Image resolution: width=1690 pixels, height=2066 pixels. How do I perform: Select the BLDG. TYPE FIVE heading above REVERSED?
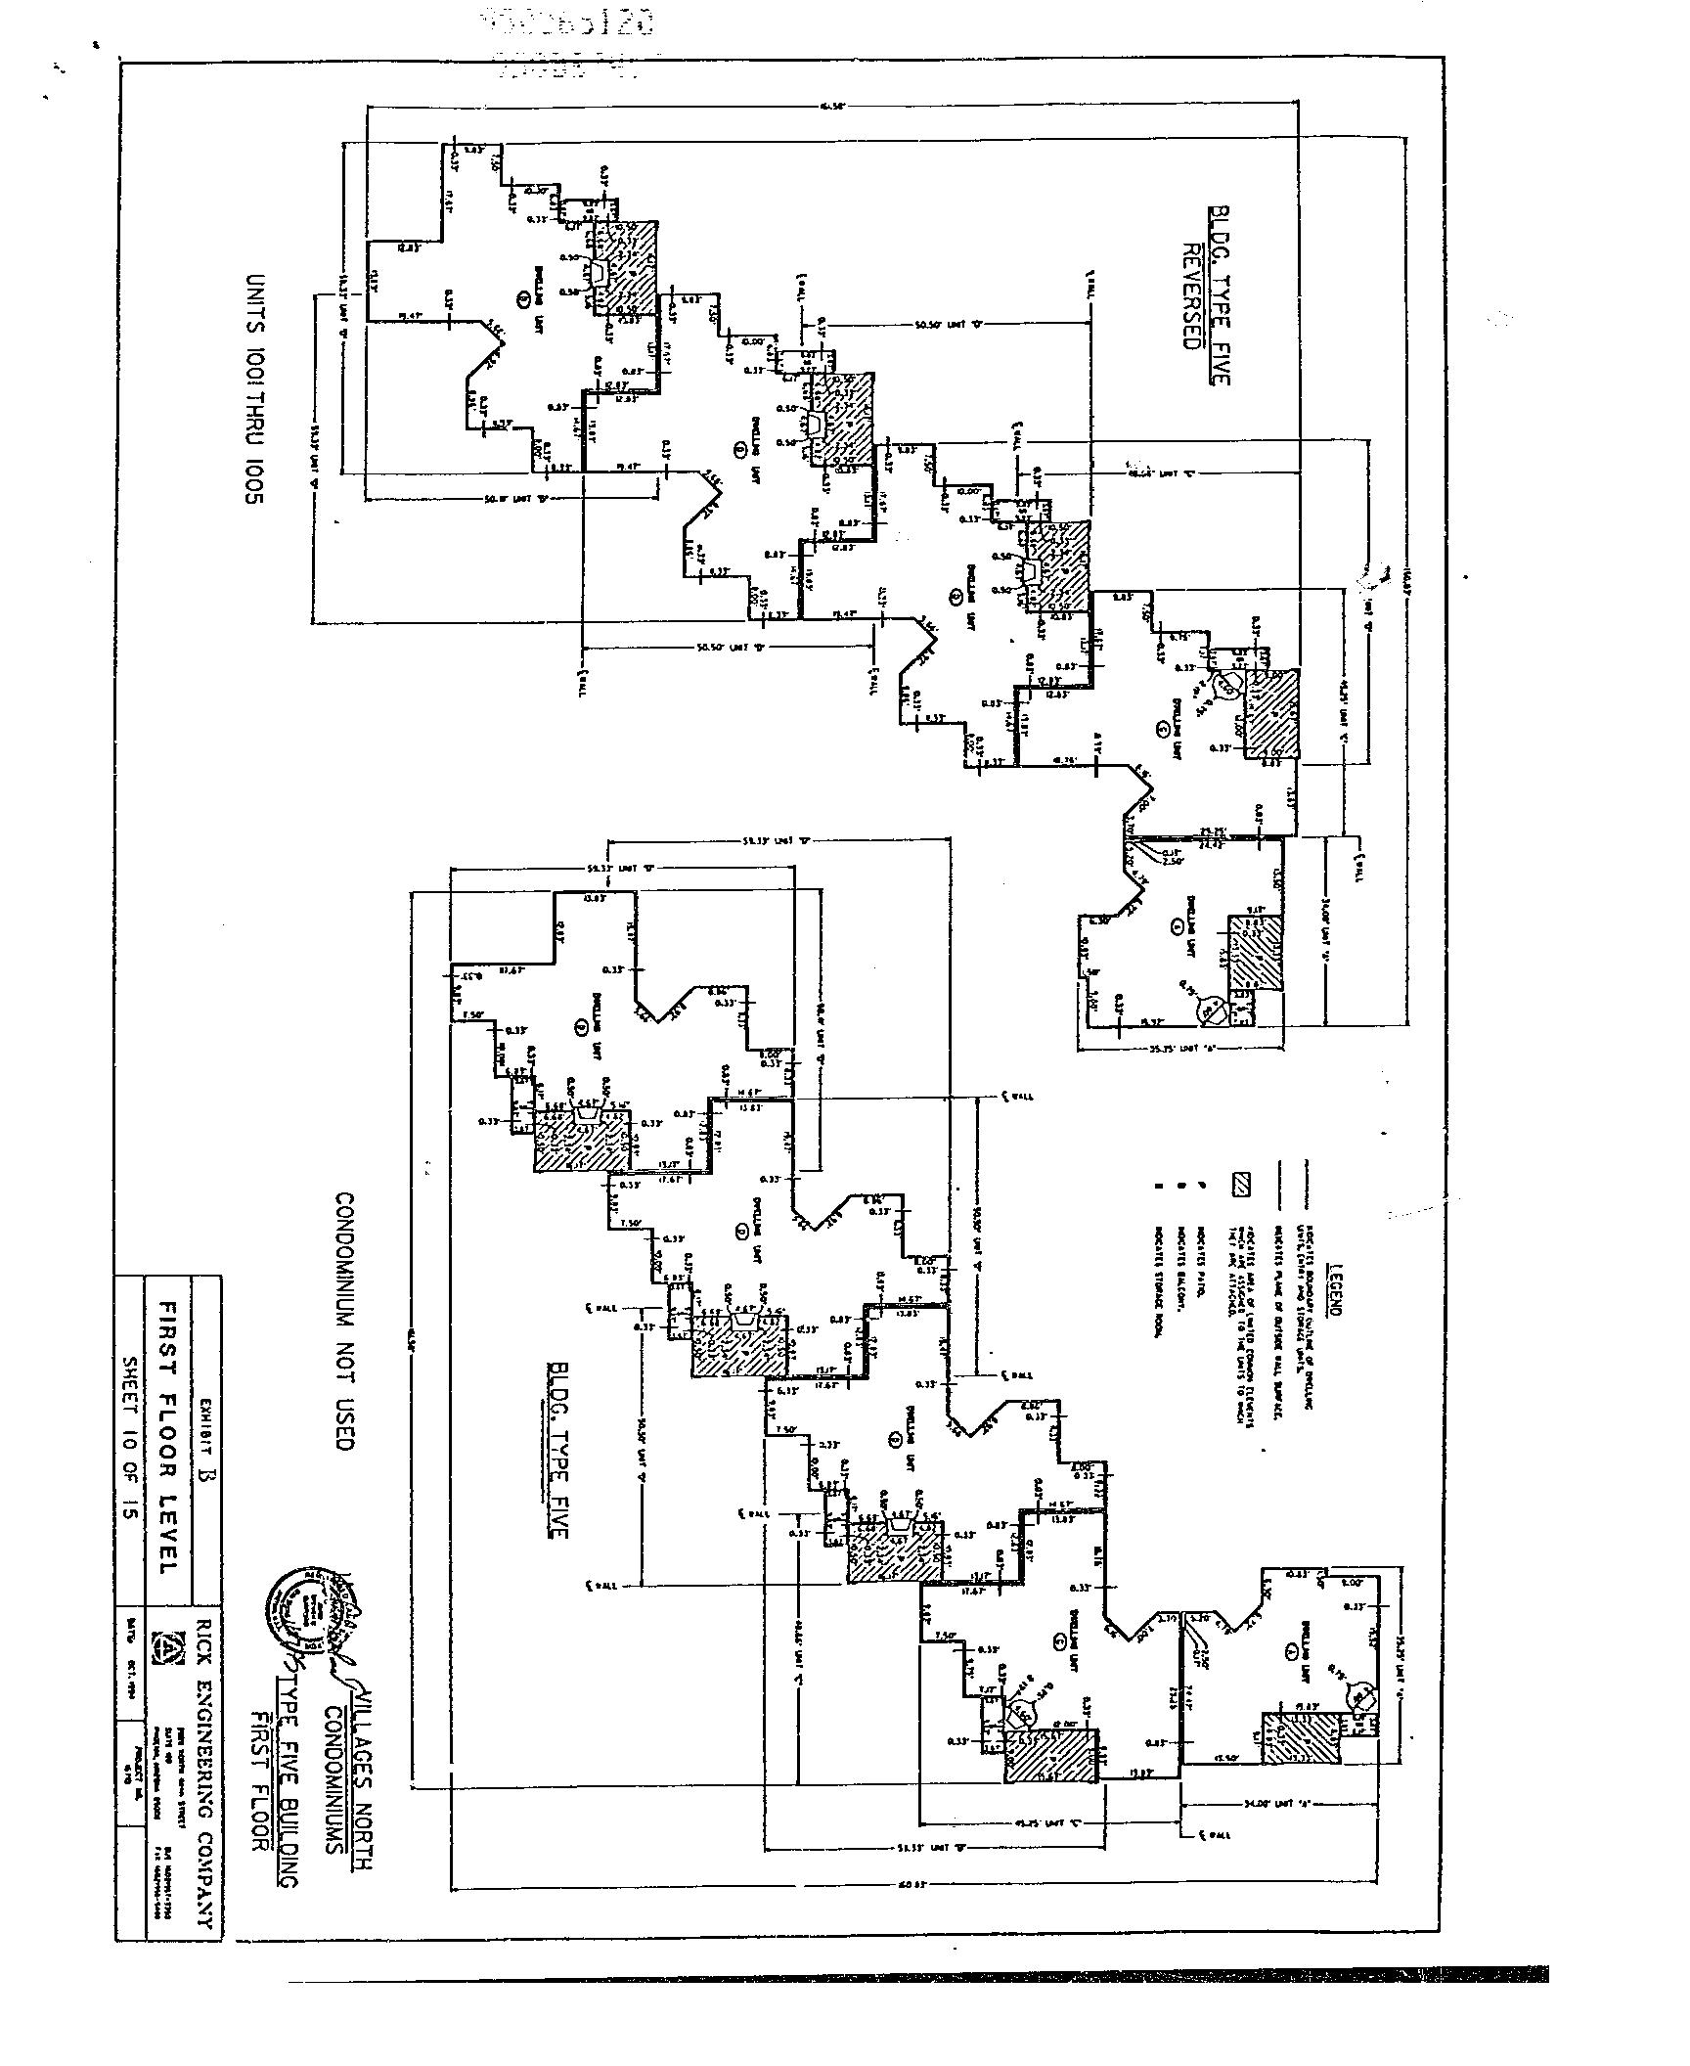pos(1219,295)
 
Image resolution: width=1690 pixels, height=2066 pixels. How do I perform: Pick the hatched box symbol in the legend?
pos(1241,1184)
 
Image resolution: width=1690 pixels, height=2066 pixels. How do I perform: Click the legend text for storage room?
pos(1157,1281)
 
